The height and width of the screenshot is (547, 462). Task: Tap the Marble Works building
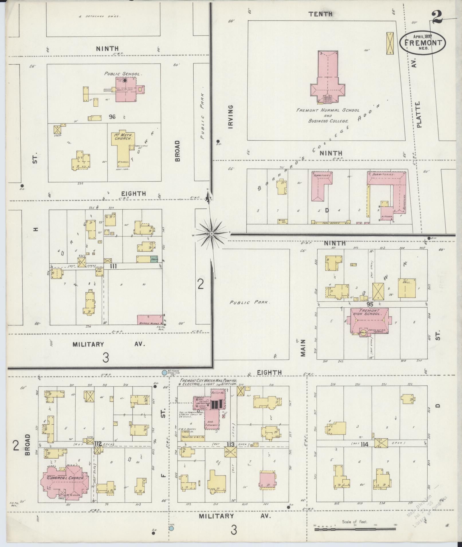pyautogui.click(x=149, y=320)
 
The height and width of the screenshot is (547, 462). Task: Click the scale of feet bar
pyautogui.click(x=355, y=529)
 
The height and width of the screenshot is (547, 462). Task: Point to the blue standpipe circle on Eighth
pyautogui.click(x=164, y=372)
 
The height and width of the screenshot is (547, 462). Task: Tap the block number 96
pyautogui.click(x=112, y=117)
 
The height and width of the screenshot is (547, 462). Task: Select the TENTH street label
pyautogui.click(x=320, y=13)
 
